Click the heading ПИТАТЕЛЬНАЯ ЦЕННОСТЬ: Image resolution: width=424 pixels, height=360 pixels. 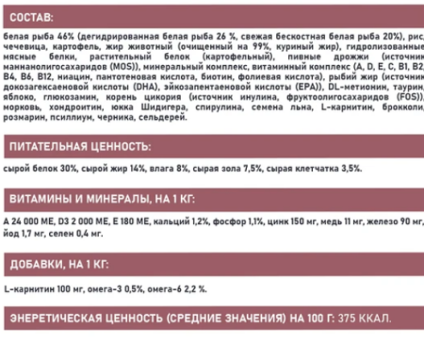coord(78,146)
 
